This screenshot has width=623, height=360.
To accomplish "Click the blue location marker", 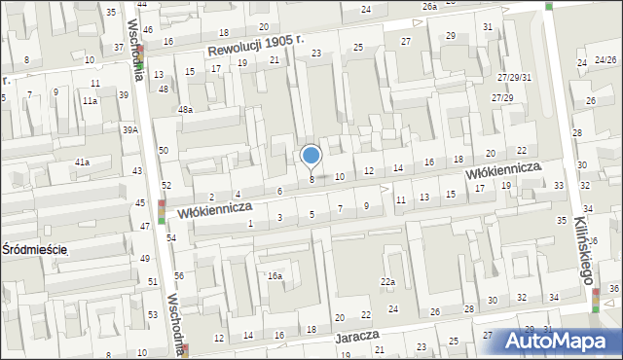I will [311, 156].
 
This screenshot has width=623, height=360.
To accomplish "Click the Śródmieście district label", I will [34, 249].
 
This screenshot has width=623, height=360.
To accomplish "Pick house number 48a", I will [185, 110].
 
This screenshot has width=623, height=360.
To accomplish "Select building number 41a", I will [83, 162].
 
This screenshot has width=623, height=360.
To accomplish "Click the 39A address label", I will [129, 129].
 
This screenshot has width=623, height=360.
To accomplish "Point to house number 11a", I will [90, 101].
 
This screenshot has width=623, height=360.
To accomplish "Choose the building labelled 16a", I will [275, 276].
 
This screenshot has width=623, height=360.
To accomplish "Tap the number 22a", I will [387, 282].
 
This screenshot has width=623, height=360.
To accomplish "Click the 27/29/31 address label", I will [514, 77].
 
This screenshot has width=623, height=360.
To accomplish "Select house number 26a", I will [429, 6].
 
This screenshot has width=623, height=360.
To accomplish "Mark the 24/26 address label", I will [604, 59].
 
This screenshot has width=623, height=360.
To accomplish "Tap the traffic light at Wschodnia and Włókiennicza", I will [162, 211].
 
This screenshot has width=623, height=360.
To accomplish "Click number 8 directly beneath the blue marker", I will [311, 179].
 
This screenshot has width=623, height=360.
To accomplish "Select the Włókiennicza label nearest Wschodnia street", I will [215, 208].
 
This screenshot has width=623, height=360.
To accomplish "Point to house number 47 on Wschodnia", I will [145, 226].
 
